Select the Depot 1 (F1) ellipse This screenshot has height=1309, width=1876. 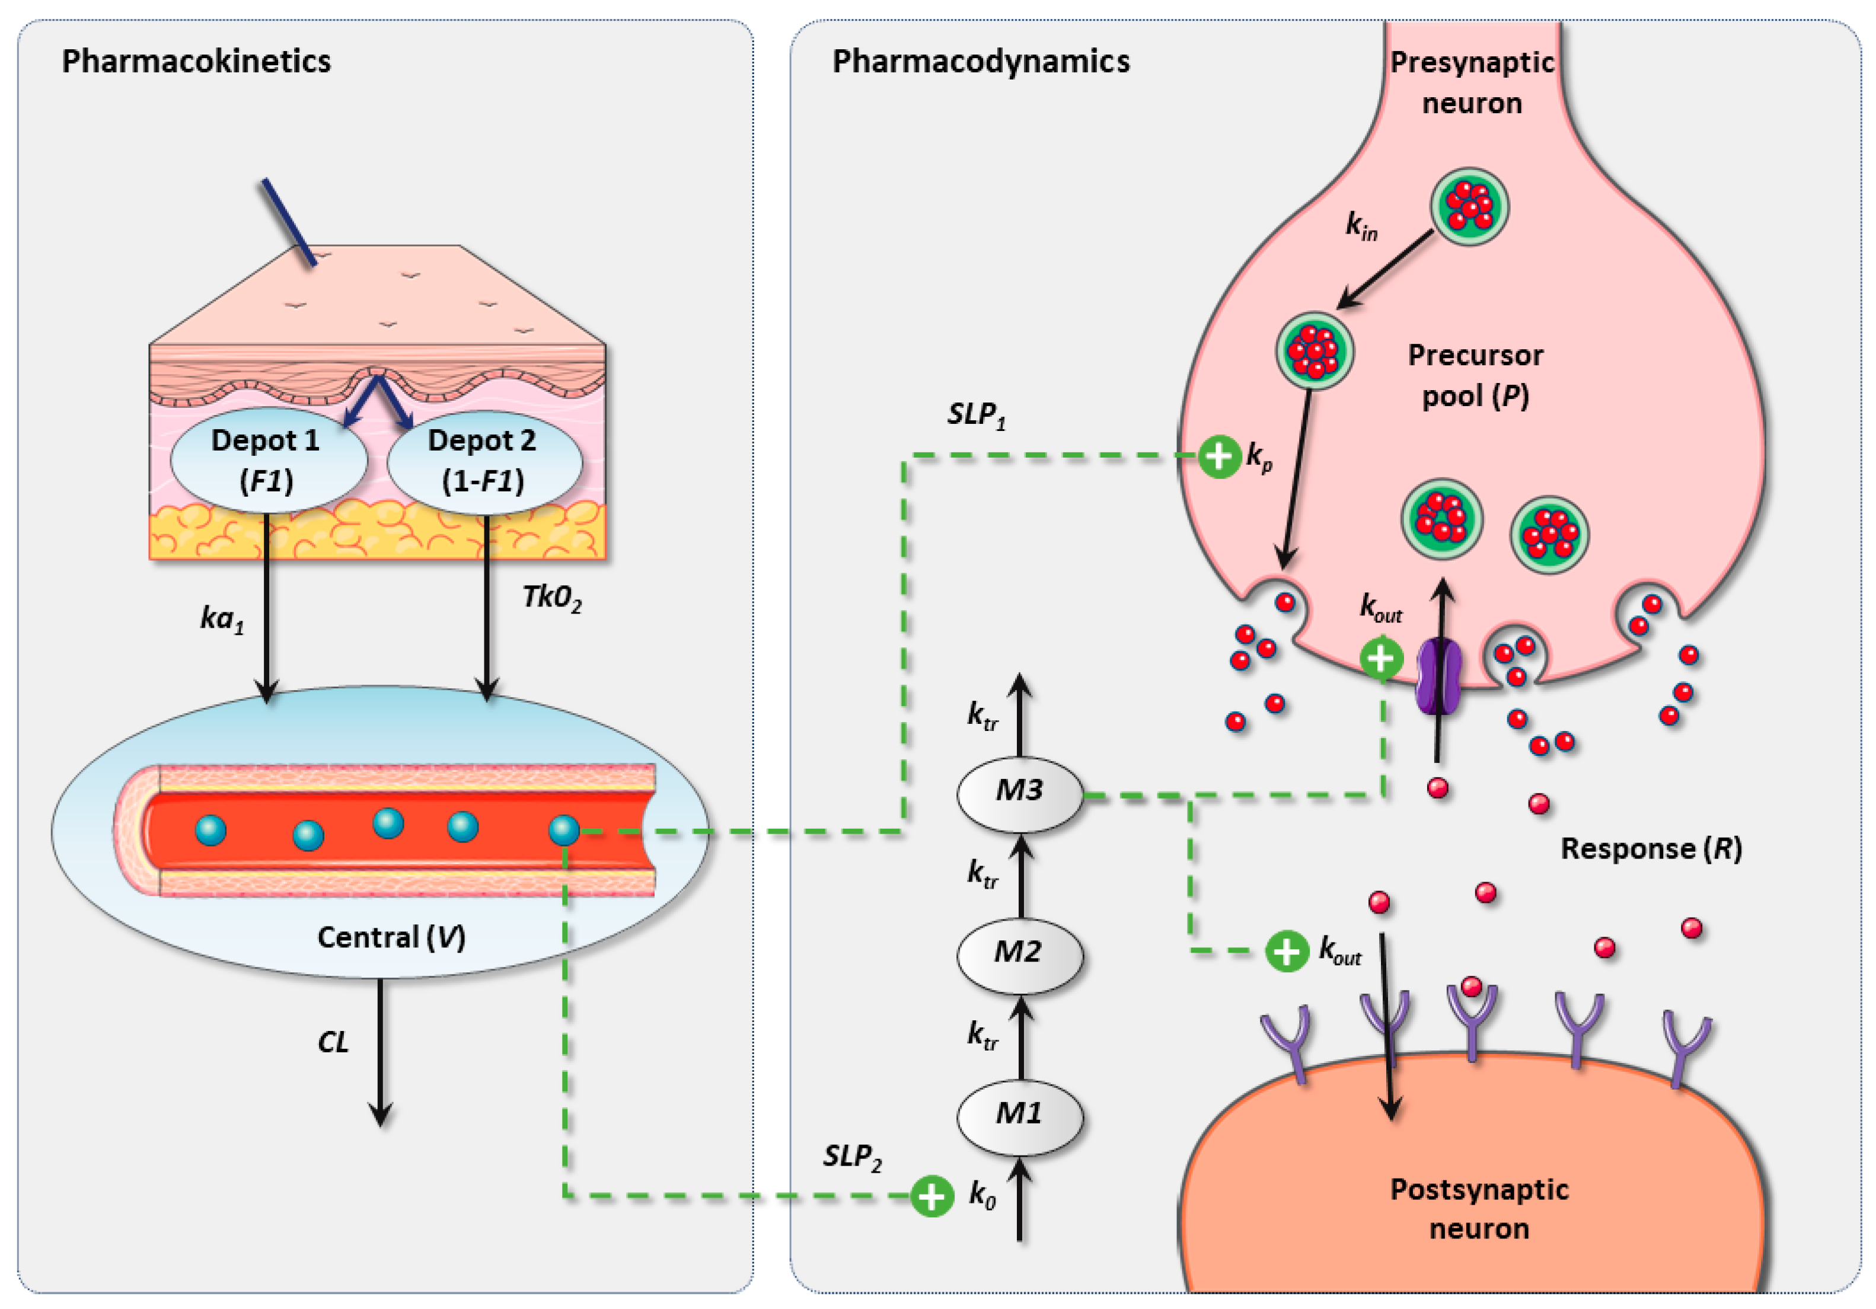click(267, 461)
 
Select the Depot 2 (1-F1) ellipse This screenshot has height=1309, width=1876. click(484, 461)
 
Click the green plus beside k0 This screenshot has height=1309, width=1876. click(932, 1196)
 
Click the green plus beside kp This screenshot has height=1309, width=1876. click(1220, 456)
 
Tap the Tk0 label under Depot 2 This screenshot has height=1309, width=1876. click(551, 599)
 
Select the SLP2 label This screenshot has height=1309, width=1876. click(852, 1157)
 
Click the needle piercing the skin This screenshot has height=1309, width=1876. click(288, 222)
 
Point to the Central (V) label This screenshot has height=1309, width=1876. click(391, 937)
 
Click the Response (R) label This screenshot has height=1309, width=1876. click(1651, 849)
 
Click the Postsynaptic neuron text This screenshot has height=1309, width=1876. click(1479, 1208)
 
